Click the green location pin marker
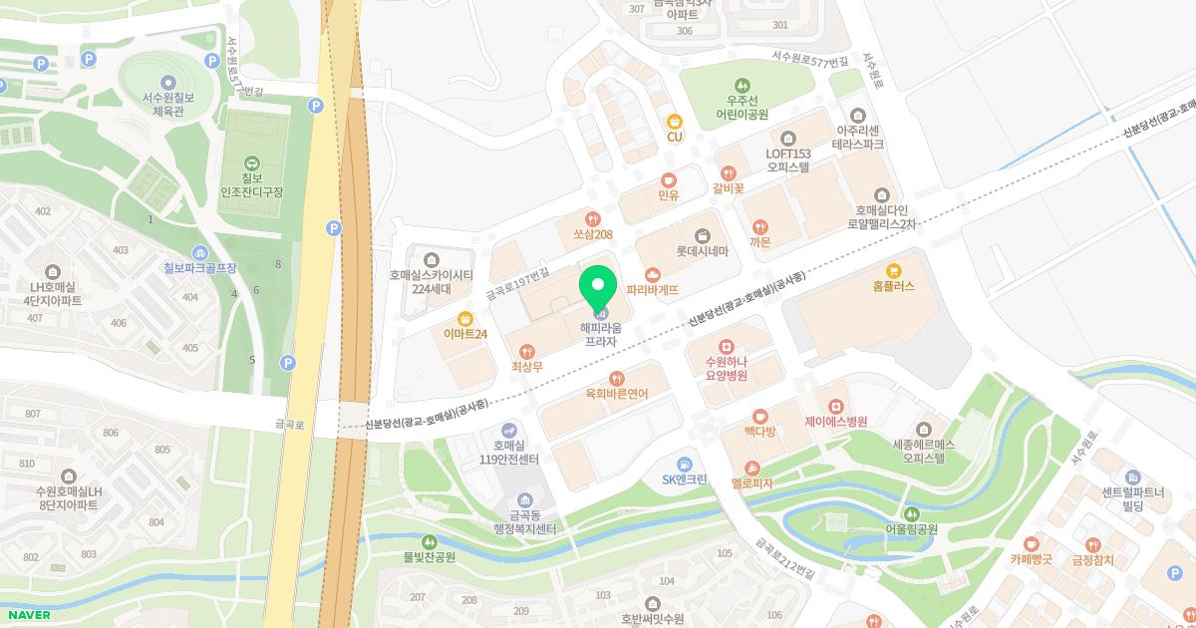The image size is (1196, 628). tap(598, 290)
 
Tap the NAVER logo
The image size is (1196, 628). tap(26, 614)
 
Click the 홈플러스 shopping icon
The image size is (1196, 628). tap(893, 269)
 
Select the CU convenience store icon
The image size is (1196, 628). tap(675, 121)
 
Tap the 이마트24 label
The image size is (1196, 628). tap(465, 334)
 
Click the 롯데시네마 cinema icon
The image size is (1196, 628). tap(703, 235)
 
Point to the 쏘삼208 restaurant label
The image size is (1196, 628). tap(592, 234)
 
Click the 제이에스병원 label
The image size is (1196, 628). tap(835, 422)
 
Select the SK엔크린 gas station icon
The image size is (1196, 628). tap(684, 464)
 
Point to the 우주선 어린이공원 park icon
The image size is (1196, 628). tap(741, 85)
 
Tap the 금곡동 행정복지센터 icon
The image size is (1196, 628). tap(525, 499)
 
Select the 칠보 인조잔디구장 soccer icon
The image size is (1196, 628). tap(251, 161)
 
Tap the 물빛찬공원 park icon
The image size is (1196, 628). tap(429, 541)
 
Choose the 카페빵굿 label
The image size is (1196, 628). tap(1038, 560)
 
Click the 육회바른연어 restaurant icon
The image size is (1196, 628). tap(617, 378)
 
